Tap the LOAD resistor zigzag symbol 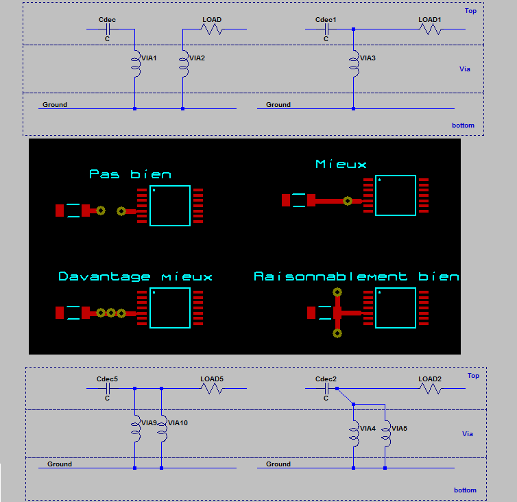tap(212, 29)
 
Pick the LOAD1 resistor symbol tap(430, 29)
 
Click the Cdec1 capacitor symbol tap(327, 29)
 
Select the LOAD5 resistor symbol tap(212, 388)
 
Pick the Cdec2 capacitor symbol tap(327, 388)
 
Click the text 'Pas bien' tap(130, 174)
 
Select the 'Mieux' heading tap(341, 164)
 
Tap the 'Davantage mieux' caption tap(135, 276)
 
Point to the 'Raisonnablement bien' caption tap(356, 276)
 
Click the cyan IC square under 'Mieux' tap(395, 195)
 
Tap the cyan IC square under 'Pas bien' tap(169, 206)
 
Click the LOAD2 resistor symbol tap(430, 388)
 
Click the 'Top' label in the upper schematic tap(470, 11)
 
